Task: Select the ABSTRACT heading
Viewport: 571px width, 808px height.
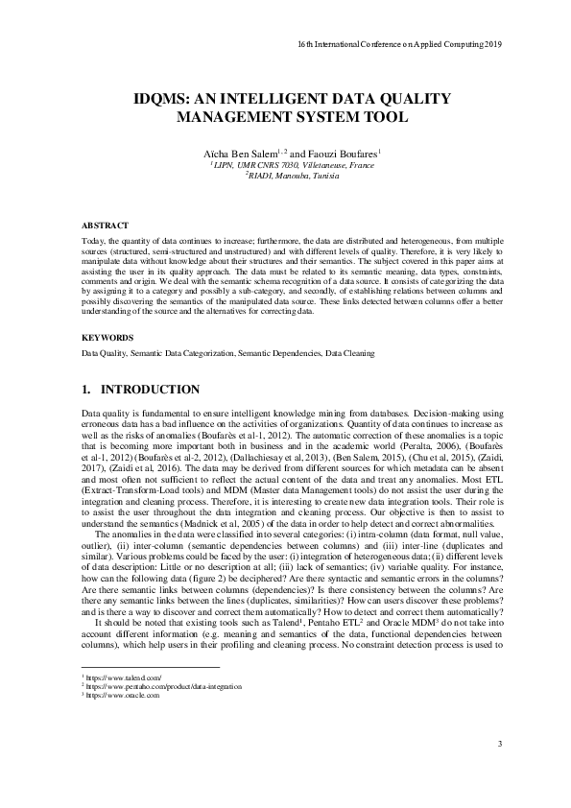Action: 103,224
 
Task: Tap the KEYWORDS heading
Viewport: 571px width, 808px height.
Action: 107,338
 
